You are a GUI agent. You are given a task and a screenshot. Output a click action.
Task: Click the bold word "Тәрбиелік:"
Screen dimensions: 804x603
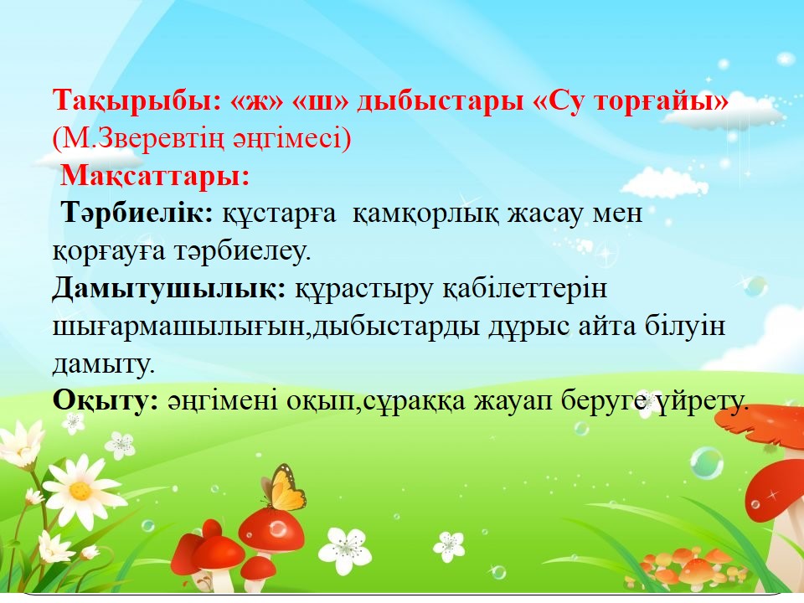(x=137, y=212)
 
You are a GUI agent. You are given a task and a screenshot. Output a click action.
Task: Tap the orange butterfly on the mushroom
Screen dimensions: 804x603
(x=283, y=487)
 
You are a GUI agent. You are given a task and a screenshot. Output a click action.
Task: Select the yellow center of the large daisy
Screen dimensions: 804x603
(x=80, y=491)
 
